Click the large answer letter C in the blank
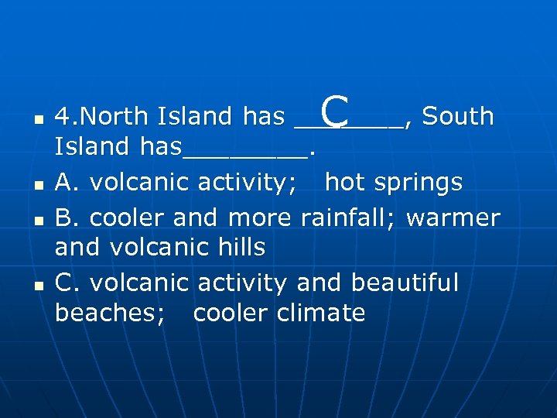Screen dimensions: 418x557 click(x=333, y=111)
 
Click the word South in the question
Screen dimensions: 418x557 click(x=458, y=116)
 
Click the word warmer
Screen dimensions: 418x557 click(x=453, y=218)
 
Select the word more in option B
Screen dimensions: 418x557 click(x=258, y=218)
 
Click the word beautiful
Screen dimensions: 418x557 click(x=405, y=283)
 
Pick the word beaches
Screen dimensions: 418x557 click(x=109, y=313)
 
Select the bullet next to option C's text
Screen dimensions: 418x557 click(x=38, y=286)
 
